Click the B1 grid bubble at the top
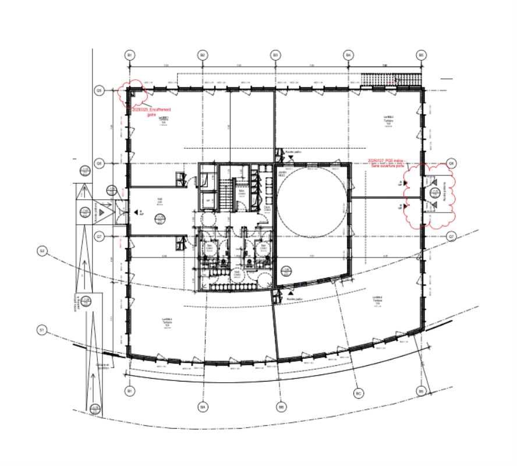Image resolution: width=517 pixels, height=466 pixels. [x=130, y=55]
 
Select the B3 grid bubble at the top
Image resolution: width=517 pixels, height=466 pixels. [x=275, y=55]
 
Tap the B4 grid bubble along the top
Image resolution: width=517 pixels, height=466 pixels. [x=348, y=55]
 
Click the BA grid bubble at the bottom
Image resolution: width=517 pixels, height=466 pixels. [x=203, y=406]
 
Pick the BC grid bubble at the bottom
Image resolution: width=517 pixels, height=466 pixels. [x=359, y=394]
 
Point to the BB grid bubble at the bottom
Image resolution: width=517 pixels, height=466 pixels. [x=282, y=406]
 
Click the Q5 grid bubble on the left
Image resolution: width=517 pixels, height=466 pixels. [x=100, y=91]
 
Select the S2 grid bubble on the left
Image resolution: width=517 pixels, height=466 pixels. [x=42, y=251]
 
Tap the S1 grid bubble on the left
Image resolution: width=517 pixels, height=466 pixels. [x=42, y=330]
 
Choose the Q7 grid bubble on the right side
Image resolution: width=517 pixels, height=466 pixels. [x=451, y=236]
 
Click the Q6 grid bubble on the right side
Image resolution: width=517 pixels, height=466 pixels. [x=451, y=164]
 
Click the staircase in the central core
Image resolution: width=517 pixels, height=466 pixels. [x=225, y=199]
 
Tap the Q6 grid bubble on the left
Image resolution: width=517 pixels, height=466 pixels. [x=100, y=164]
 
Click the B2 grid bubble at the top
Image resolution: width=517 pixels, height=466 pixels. [x=203, y=55]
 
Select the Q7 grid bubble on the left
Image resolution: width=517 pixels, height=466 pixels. [x=100, y=236]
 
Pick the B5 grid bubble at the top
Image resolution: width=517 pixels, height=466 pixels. [x=421, y=55]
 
